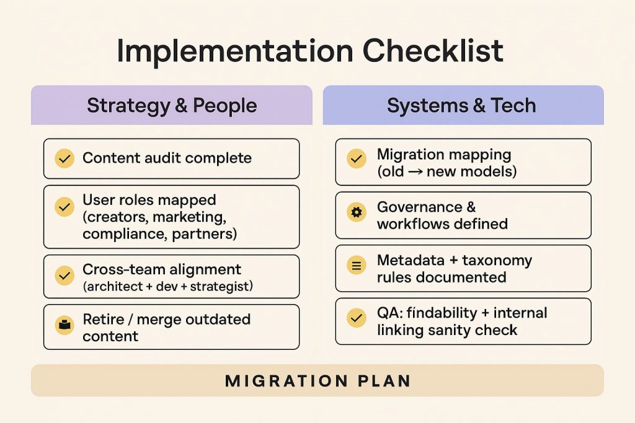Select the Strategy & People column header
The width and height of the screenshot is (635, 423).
pyautogui.click(x=172, y=105)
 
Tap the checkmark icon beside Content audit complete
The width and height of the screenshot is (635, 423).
pyautogui.click(x=64, y=159)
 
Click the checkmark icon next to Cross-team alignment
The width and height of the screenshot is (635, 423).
pyautogui.click(x=64, y=275)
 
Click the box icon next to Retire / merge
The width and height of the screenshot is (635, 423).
pyautogui.click(x=64, y=325)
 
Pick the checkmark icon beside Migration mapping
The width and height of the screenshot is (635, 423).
pyautogui.click(x=356, y=159)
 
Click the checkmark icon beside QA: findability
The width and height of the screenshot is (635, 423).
pyautogui.click(x=356, y=318)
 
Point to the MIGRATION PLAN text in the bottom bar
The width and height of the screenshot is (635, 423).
pyautogui.click(x=317, y=380)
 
